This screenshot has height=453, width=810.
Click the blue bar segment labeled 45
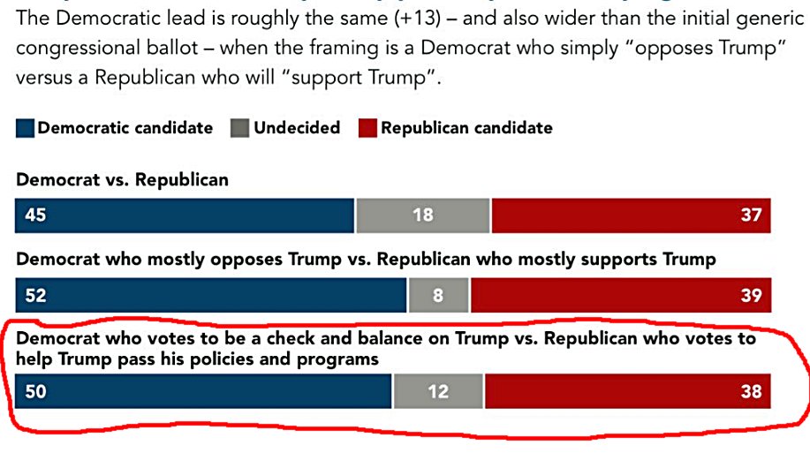185,215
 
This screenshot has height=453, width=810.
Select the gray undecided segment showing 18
422,215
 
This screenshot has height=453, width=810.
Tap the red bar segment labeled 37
631,215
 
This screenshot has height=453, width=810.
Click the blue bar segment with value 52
211,296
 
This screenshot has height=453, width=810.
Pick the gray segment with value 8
438,296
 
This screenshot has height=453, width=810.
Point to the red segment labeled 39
620,296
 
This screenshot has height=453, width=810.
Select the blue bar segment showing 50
203,391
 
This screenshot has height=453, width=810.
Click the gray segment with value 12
438,391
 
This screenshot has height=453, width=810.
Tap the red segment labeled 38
627,391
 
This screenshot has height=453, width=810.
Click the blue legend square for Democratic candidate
25,129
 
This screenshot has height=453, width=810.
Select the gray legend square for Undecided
239,129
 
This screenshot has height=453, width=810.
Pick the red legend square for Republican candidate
367,129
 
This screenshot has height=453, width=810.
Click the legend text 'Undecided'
297,128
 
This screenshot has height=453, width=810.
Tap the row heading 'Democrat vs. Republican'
122,180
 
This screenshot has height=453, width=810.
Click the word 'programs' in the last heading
343,359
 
